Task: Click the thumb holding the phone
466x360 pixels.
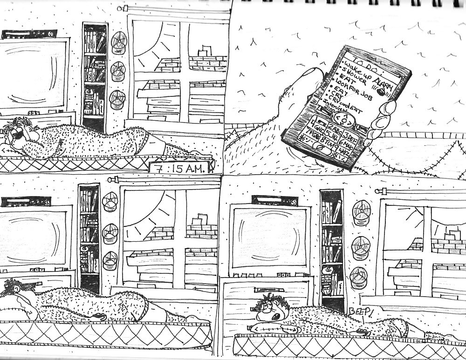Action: pos(384,112)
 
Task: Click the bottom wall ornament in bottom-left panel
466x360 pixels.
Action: pos(110,260)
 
